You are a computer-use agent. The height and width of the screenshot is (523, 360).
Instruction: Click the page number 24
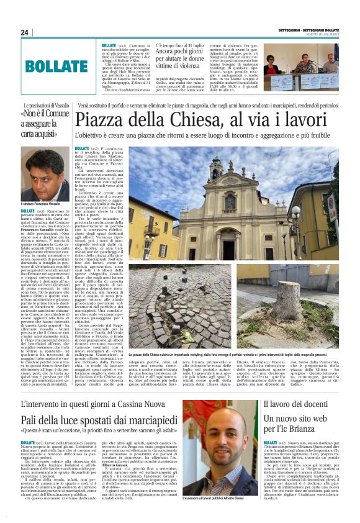(25, 32)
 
